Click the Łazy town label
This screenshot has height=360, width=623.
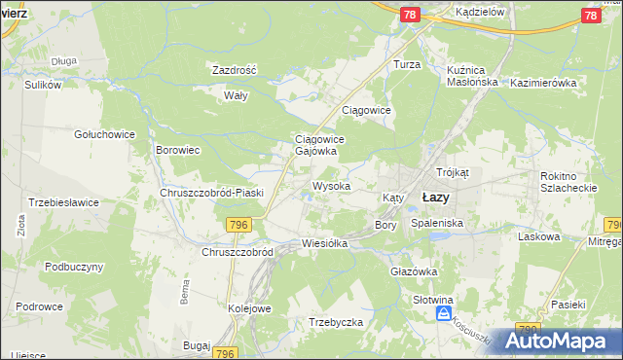pyautogui.click(x=434, y=197)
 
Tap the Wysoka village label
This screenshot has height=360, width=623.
pyautogui.click(x=331, y=185)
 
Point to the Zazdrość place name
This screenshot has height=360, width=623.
pyautogui.click(x=234, y=71)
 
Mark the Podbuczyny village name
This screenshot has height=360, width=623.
pyautogui.click(x=74, y=267)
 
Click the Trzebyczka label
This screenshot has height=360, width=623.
pyautogui.click(x=336, y=322)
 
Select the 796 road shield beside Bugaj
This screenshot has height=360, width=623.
pyautogui.click(x=226, y=353)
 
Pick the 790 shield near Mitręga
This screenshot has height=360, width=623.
pyautogui.click(x=613, y=225)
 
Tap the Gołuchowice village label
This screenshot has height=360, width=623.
pyautogui.click(x=100, y=133)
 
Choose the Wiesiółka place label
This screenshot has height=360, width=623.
pyautogui.click(x=325, y=243)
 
